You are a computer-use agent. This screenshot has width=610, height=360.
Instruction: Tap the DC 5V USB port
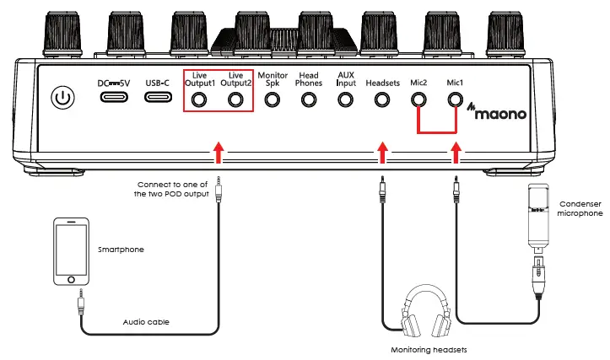coord(115,97)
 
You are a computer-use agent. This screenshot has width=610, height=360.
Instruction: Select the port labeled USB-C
coord(158,97)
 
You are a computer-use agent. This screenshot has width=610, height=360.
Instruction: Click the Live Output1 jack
coord(199,100)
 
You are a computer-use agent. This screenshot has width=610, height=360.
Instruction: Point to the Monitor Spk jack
coord(272,100)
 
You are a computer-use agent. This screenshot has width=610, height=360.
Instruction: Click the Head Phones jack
coord(309,100)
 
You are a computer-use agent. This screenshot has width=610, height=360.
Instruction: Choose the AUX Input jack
coord(345,100)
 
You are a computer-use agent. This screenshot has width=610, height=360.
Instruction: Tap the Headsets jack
coord(382,100)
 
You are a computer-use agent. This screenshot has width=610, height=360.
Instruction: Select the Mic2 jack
coord(418,100)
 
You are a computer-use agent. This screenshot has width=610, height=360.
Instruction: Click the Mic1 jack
coord(456,100)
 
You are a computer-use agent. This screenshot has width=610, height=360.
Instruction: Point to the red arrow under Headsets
coord(383,153)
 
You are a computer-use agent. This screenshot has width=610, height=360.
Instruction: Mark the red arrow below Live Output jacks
coord(219,153)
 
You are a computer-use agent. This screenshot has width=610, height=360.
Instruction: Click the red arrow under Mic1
coord(456,153)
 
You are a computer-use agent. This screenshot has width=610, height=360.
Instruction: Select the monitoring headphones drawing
coord(422,312)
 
